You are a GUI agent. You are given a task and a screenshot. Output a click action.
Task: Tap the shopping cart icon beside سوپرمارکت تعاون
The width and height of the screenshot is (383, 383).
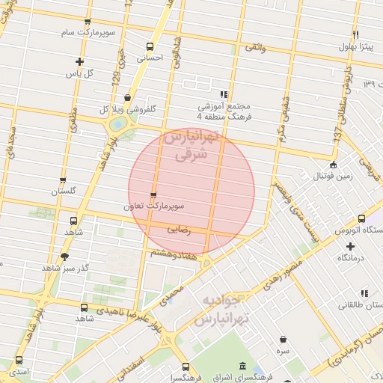(154, 194)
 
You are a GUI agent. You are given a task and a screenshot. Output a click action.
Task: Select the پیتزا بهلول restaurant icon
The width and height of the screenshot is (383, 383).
(355, 35)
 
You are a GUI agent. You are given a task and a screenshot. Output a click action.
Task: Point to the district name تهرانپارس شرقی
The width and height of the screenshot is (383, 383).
(189, 147)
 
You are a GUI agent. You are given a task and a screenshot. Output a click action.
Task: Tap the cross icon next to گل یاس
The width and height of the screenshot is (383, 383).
(79, 62)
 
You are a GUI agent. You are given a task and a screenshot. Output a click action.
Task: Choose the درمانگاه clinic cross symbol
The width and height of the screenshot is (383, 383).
(350, 246)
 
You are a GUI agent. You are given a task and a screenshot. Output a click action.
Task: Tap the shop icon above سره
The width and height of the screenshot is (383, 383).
(283, 340)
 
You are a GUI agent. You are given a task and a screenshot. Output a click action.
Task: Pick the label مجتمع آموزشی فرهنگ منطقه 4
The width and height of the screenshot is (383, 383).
(224, 111)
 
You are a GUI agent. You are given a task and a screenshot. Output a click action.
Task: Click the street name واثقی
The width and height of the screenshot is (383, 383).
(254, 48)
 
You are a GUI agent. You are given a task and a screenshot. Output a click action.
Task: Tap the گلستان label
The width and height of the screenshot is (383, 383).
(63, 191)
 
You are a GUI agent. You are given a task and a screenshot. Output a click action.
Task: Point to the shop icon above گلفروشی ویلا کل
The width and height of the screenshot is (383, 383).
(128, 97)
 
